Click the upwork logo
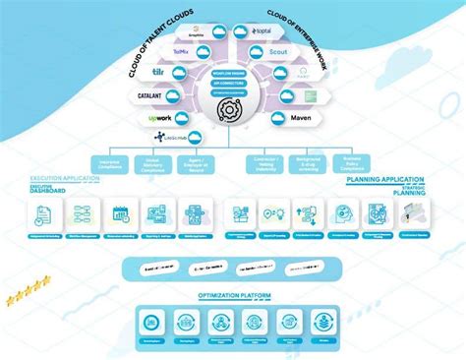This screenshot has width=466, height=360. (x=159, y=118)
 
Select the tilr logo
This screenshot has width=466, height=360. (x=158, y=73)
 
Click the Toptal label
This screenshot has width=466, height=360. (x=262, y=31)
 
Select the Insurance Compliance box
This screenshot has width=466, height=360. (x=111, y=163)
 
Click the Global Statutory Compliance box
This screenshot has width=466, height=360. (x=152, y=163)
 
